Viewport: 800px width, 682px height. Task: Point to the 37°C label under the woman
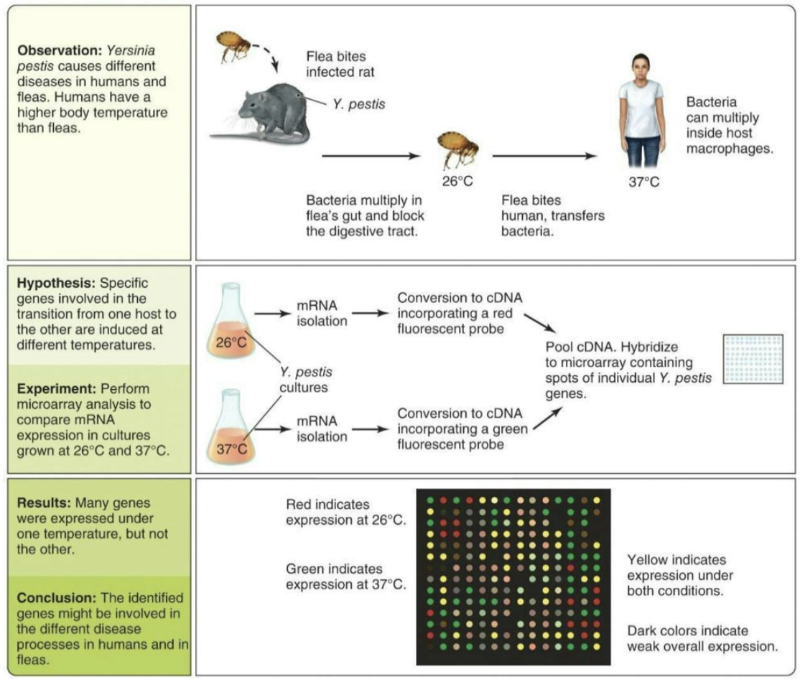(x=643, y=182)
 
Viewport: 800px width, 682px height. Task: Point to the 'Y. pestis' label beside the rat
(x=359, y=105)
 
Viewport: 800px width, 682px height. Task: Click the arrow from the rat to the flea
(x=369, y=155)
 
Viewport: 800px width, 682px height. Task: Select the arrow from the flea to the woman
(x=544, y=155)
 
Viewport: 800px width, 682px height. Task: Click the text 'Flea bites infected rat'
(x=340, y=64)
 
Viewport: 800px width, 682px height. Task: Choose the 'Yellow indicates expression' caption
(x=676, y=575)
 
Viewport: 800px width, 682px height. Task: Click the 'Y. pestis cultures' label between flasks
(x=306, y=380)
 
